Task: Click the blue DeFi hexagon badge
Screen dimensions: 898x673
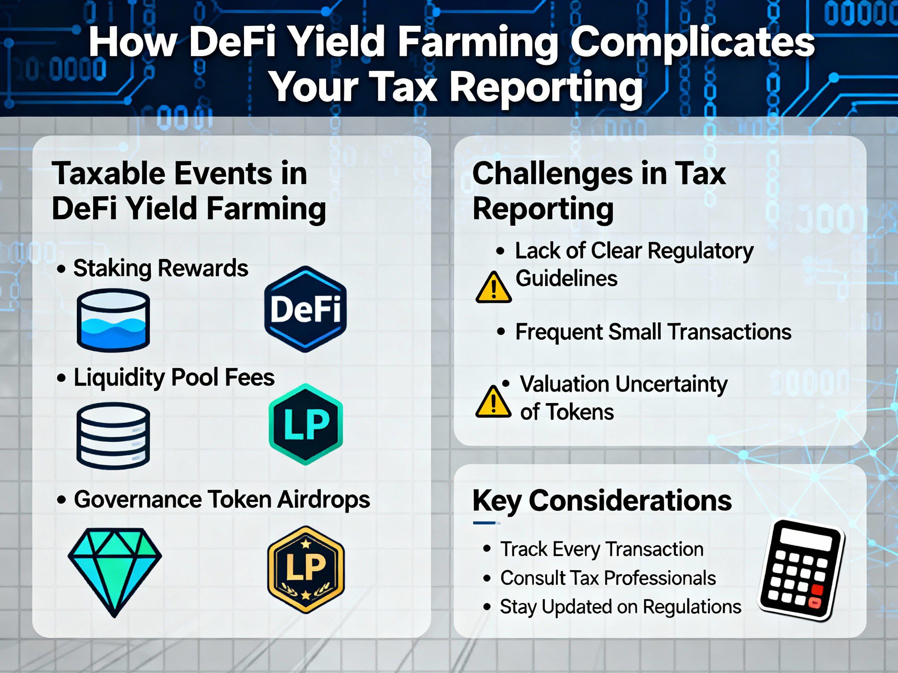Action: (305, 309)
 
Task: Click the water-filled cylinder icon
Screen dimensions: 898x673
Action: (113, 320)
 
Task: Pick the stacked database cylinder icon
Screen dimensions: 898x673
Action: (113, 436)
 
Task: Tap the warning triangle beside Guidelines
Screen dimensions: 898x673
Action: (493, 287)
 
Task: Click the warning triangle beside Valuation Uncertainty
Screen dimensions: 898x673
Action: (493, 402)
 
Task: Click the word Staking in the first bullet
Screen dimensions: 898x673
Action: (111, 269)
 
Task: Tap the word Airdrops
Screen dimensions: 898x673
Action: (323, 499)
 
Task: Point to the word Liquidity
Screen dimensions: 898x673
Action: (120, 378)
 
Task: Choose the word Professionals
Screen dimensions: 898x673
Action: (659, 578)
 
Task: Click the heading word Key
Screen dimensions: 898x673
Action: (497, 501)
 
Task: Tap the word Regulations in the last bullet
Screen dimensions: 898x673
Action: (692, 607)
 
